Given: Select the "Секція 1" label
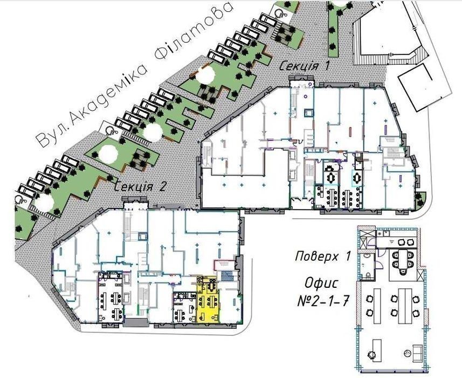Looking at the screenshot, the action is (x=304, y=65).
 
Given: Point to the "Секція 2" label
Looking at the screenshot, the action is (x=141, y=187).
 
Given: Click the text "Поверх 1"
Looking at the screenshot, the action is (x=323, y=256).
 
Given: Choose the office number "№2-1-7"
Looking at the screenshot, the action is (x=324, y=301).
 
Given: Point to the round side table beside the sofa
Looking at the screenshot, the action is (x=408, y=353).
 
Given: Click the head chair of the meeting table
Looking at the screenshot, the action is (x=402, y=271).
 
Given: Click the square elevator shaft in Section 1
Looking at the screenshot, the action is (x=309, y=113).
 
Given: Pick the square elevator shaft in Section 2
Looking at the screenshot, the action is (x=142, y=236).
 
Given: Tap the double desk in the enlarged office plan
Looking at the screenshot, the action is (x=405, y=306).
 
